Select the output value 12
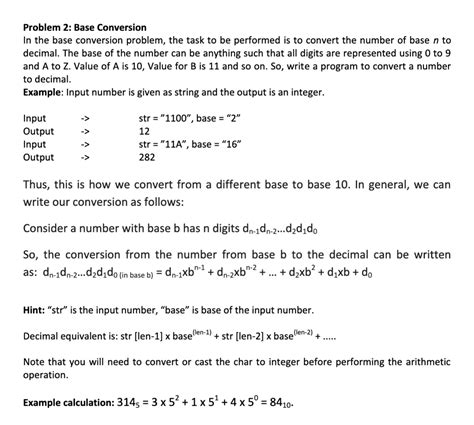click(x=144, y=131)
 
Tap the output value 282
click(x=147, y=157)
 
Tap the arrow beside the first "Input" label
click(x=86, y=118)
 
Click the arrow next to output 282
click(x=86, y=157)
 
